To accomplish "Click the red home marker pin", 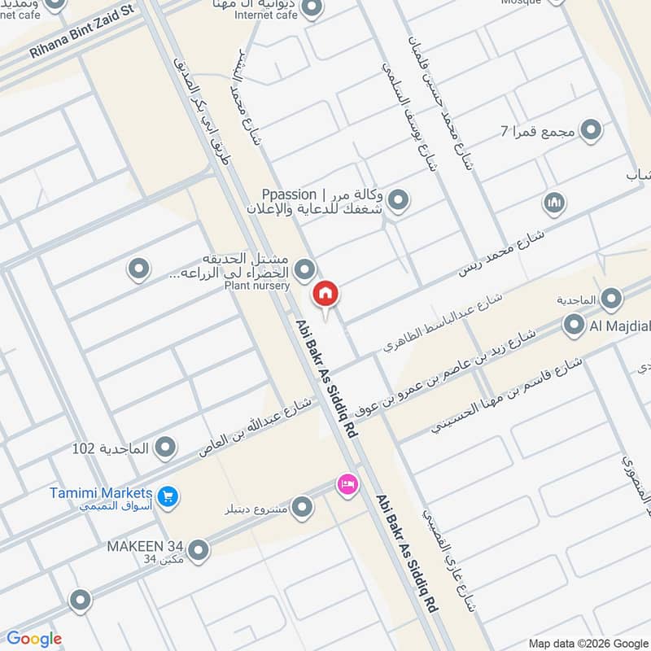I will pos(325,294).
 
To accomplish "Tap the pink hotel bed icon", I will pos(347,484).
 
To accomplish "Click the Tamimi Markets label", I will pos(101,493).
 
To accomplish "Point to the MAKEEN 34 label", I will pos(146,546).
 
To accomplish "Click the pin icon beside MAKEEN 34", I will pos(197,546).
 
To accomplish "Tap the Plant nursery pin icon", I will pos(304,268).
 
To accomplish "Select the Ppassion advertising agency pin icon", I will pos(398,199).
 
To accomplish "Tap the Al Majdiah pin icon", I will pos(571,326).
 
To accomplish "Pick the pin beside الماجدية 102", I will pos(166,448).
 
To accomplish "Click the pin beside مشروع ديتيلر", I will pos(303,509).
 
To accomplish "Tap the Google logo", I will pos(34,639).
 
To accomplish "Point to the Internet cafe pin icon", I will pos(309,8).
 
